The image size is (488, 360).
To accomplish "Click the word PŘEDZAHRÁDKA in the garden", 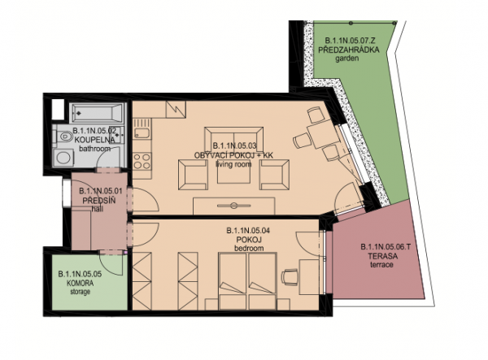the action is click(x=349, y=50).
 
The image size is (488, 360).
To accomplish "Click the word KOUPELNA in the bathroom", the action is click(x=95, y=140).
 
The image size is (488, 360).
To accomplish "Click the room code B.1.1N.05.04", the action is click(x=248, y=231).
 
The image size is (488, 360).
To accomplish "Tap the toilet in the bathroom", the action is click(x=63, y=137).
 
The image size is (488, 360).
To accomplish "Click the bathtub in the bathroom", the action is click(x=97, y=113).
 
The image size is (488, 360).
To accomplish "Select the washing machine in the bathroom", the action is click(x=63, y=158).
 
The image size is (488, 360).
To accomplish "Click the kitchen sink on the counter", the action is click(x=142, y=133).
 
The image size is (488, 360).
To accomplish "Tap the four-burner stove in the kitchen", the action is click(x=142, y=161).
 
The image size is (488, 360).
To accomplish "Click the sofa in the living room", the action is click(x=233, y=139).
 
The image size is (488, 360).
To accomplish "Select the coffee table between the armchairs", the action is click(x=233, y=171).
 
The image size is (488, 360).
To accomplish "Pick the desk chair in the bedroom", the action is click(x=290, y=276).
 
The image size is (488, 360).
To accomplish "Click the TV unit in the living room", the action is click(x=234, y=206).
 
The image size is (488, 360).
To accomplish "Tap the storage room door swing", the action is click(x=112, y=263).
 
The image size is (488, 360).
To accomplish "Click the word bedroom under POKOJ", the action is click(x=249, y=249).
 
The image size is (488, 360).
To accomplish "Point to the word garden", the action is click(x=346, y=59).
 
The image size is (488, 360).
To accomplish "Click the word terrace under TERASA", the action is click(x=381, y=265).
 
